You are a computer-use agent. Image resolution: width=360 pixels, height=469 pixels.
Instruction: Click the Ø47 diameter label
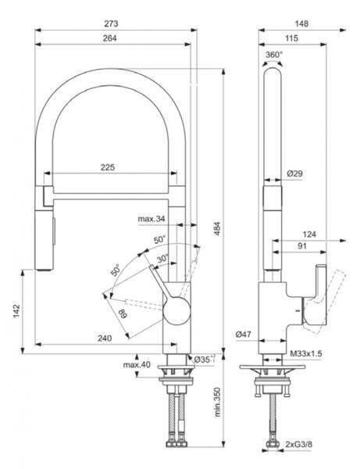tap(242, 335)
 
